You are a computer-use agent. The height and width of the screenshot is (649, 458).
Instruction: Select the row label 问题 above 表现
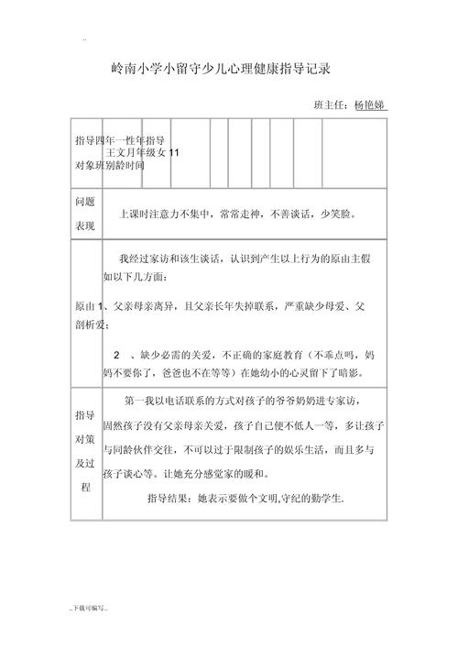84,202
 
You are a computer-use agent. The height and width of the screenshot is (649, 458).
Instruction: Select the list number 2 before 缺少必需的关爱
117,355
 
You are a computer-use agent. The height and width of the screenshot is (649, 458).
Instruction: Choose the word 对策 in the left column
84,439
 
